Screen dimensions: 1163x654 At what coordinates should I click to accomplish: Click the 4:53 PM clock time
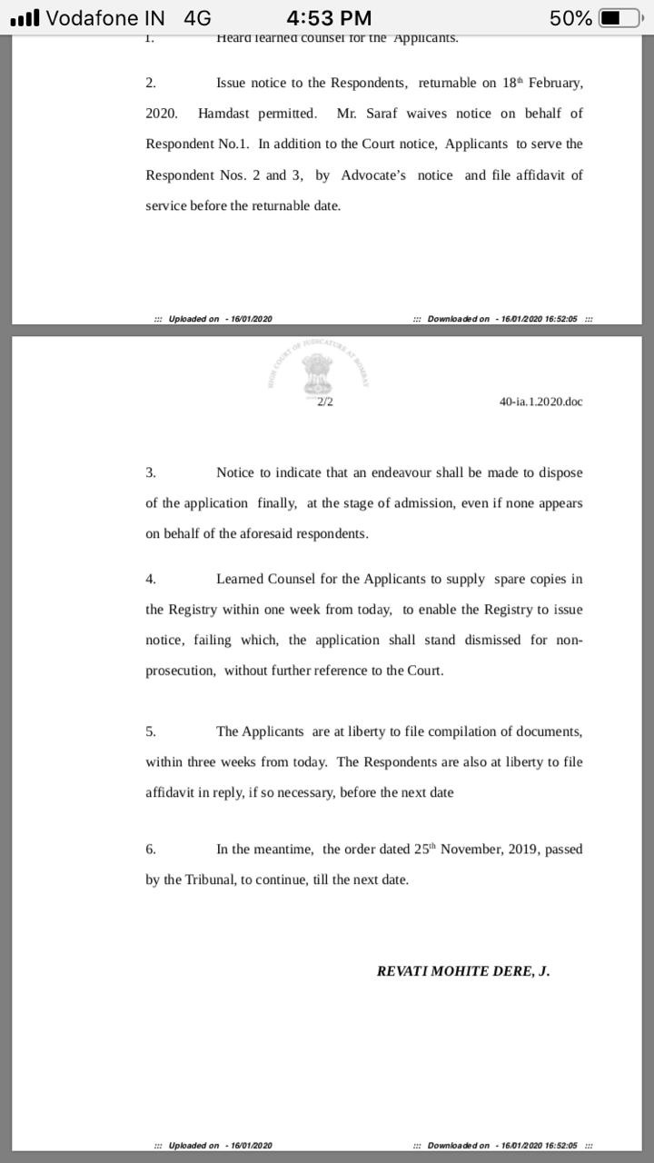click(328, 17)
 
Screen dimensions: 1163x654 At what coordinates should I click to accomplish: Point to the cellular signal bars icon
click(25, 17)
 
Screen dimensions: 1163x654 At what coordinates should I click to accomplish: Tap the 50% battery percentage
click(570, 17)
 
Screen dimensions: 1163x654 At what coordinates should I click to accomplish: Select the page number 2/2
click(325, 402)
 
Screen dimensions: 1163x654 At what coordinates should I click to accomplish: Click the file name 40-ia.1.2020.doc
click(540, 402)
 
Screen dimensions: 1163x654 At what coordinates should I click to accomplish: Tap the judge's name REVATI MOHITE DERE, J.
click(463, 970)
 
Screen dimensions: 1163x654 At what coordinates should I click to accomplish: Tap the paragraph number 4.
click(151, 579)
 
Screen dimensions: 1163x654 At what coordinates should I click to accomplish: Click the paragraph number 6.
click(151, 850)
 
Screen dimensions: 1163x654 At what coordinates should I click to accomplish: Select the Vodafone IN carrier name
click(105, 17)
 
